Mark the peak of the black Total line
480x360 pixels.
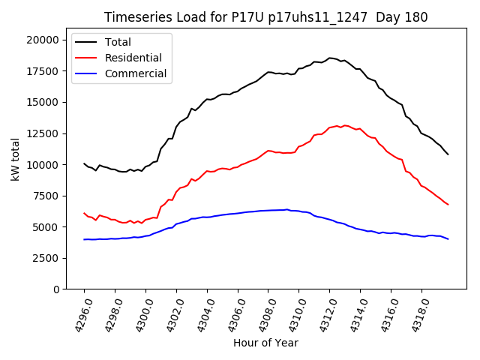pyautogui.click(x=329, y=58)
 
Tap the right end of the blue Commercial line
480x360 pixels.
pyautogui.click(x=448, y=239)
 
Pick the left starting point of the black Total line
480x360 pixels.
pyautogui.click(x=84, y=163)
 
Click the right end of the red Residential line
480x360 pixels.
pyautogui.click(x=448, y=205)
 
